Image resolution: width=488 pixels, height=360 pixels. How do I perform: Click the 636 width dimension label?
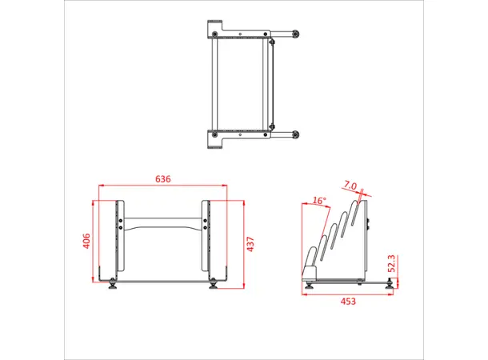click(162, 180)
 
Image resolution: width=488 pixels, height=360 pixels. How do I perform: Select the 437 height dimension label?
click(250, 243)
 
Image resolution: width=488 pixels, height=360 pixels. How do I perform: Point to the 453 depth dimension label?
click(348, 302)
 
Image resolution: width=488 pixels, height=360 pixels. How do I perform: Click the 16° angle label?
click(320, 201)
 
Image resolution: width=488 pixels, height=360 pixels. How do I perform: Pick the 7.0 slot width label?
click(350, 186)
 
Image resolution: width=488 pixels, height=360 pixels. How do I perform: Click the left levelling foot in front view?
click(112, 283)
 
